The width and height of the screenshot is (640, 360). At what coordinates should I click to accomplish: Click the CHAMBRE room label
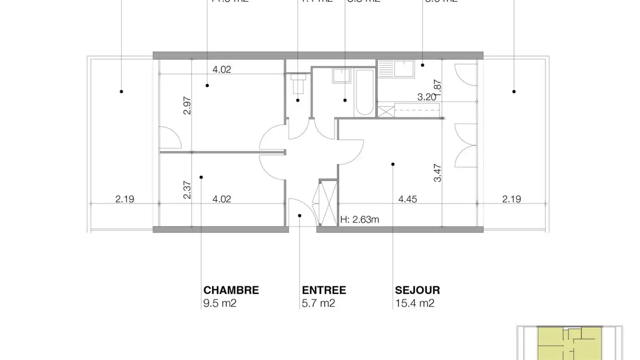[x=231, y=290]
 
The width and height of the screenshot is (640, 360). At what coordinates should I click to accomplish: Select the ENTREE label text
[x=324, y=290]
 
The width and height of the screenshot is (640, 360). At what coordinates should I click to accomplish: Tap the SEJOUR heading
[x=417, y=290]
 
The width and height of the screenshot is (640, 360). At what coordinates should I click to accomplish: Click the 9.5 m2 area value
[x=220, y=304]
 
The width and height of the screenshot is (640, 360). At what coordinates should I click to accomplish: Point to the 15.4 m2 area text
[x=414, y=304]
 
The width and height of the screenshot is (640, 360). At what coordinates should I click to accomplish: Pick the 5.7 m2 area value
[x=318, y=304]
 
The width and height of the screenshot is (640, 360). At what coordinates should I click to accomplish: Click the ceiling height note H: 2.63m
[x=360, y=219]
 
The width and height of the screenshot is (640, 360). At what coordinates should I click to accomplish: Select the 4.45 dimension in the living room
[x=407, y=199]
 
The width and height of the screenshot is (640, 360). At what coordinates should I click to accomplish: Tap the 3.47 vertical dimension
[x=438, y=173]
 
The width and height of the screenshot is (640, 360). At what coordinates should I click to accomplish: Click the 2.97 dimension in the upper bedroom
[x=187, y=106]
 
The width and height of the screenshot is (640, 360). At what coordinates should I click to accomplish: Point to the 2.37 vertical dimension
[x=187, y=189]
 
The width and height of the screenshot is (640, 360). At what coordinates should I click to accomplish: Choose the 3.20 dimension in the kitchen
[x=426, y=97]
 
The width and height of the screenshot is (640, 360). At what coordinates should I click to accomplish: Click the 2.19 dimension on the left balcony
[x=124, y=199]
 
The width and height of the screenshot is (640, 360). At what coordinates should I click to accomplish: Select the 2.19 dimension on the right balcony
[x=511, y=199]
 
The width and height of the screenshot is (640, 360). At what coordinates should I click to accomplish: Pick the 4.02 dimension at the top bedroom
[x=221, y=69]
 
